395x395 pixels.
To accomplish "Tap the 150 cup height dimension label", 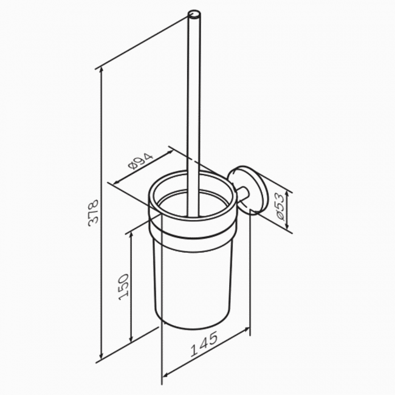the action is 124,287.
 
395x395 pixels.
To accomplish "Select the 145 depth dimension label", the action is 204,345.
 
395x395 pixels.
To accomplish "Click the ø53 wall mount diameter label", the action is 280,207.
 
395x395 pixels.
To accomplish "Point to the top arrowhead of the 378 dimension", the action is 101,70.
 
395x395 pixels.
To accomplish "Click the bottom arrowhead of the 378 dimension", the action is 101,355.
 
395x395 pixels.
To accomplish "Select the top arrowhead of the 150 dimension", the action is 131,236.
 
